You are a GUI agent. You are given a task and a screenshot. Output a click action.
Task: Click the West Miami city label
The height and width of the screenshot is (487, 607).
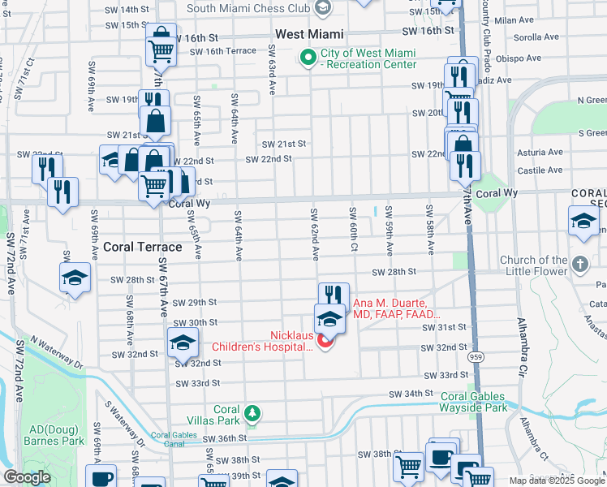309,35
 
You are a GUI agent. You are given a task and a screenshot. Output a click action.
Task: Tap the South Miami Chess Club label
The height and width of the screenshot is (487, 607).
248,9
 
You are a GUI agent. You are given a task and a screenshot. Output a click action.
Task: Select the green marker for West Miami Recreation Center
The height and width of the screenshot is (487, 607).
308,58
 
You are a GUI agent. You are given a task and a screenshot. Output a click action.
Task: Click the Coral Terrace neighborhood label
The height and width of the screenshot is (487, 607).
142,247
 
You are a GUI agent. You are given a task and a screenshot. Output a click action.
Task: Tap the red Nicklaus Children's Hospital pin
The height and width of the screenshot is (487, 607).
325,342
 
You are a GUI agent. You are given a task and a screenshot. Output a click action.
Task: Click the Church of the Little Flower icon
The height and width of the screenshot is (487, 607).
579,265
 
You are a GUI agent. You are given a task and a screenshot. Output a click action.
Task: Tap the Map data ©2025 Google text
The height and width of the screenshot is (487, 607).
557,481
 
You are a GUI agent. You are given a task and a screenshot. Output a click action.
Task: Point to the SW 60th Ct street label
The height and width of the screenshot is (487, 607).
353,230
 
